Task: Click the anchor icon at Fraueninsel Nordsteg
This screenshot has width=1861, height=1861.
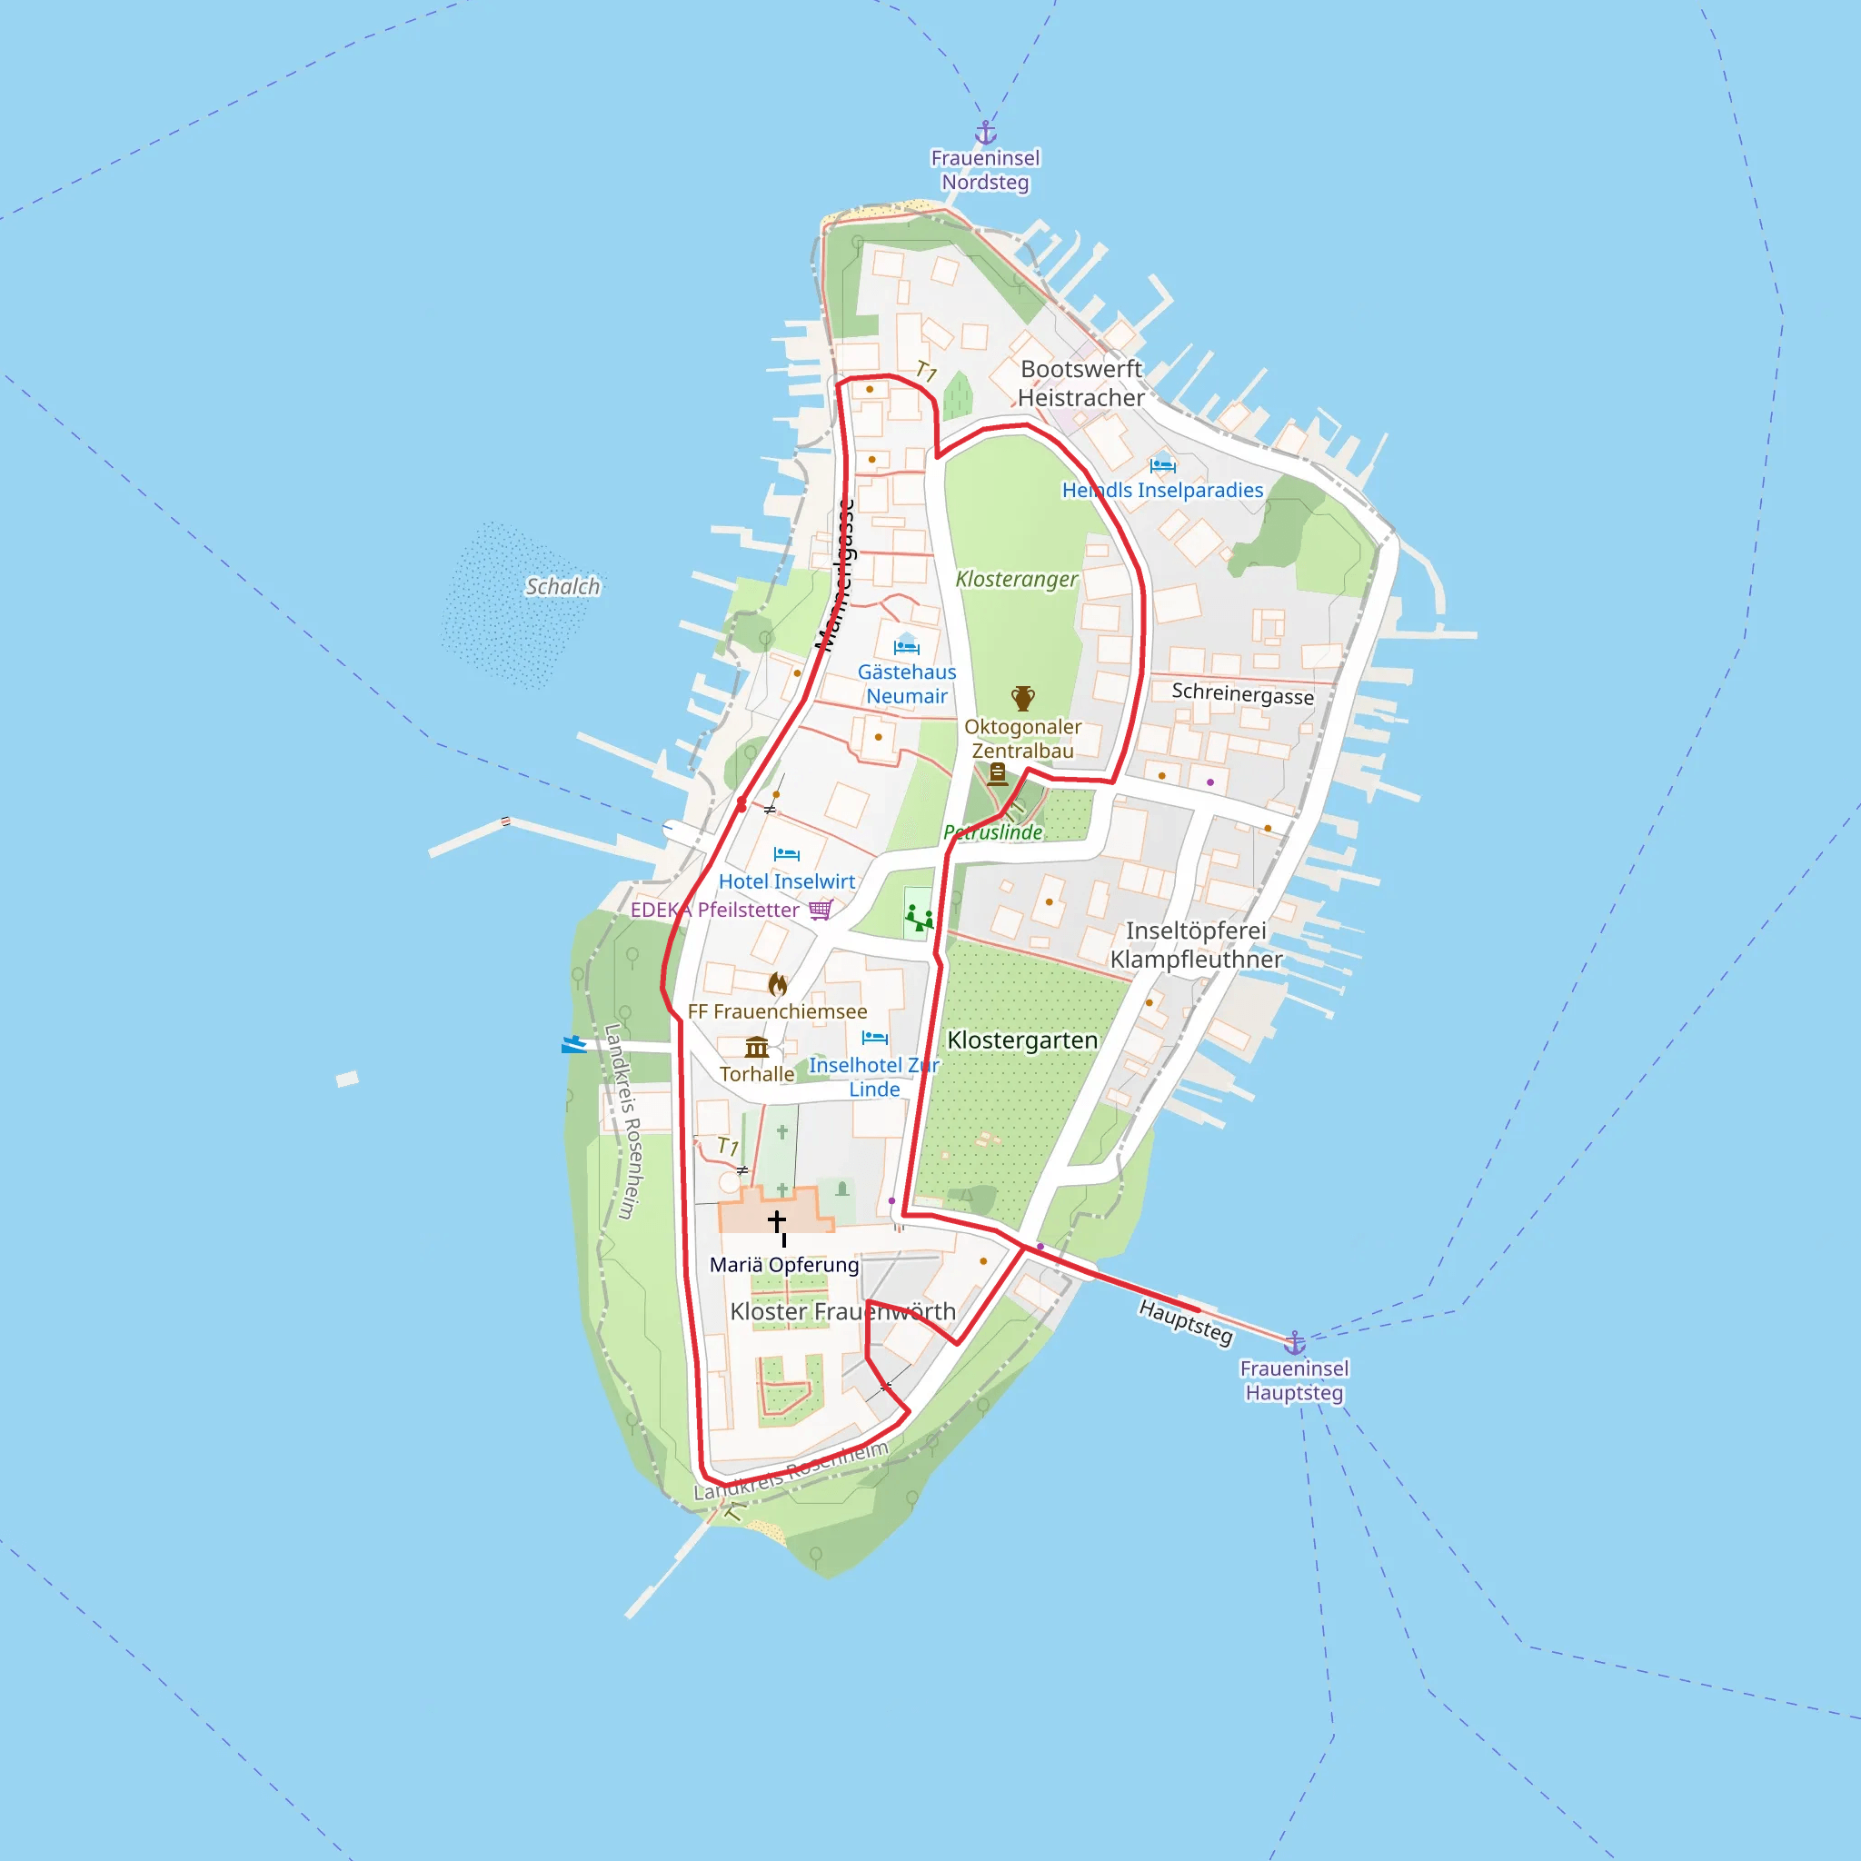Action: [x=985, y=133]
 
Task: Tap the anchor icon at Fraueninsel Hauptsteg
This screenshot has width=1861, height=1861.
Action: [x=1295, y=1342]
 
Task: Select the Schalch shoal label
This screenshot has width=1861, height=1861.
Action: [x=562, y=587]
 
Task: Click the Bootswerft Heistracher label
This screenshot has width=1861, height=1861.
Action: [x=1080, y=383]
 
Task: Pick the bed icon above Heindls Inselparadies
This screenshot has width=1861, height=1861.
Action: [x=1162, y=465]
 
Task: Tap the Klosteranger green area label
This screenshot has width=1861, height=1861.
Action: [x=1016, y=579]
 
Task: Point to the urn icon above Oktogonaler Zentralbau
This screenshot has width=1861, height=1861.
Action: [x=1023, y=697]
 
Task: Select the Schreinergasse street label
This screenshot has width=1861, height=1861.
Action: [x=1242, y=693]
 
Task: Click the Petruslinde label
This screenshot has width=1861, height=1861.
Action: [x=993, y=832]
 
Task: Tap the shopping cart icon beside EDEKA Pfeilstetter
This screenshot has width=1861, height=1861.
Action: [x=821, y=910]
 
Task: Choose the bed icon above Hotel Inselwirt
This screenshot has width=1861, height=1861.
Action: [x=786, y=853]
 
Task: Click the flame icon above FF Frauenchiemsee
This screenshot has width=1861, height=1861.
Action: [x=777, y=984]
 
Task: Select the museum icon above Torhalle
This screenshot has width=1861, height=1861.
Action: [x=757, y=1047]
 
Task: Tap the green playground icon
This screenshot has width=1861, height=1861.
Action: [x=919, y=916]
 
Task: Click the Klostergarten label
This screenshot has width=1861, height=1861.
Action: [x=1022, y=1040]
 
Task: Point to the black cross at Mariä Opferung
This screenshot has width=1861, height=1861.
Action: [x=776, y=1221]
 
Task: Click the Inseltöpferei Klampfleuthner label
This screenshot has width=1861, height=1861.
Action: [x=1197, y=945]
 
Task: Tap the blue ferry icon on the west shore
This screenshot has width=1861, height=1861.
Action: [x=574, y=1044]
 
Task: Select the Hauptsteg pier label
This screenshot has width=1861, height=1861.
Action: [x=1185, y=1321]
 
